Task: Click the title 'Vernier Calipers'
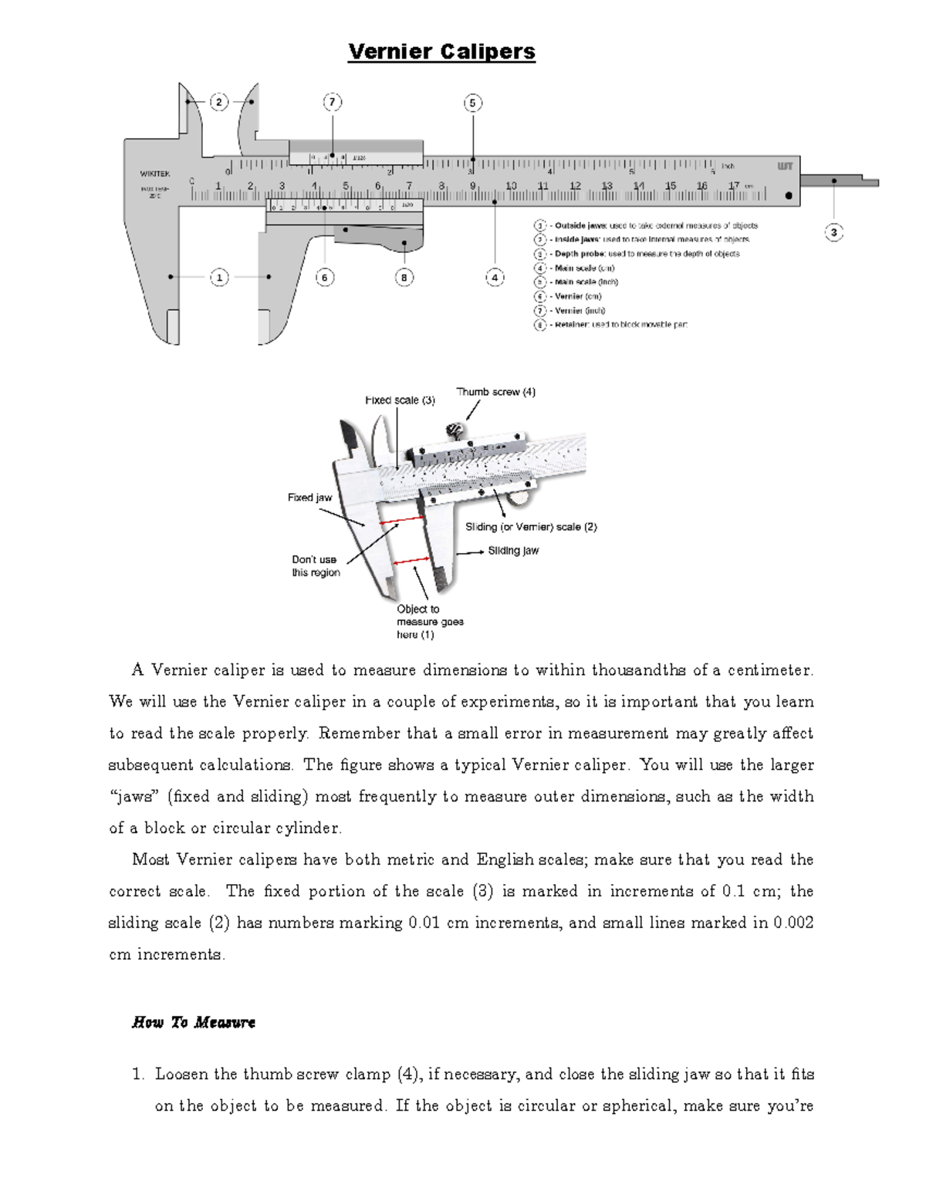[x=441, y=52]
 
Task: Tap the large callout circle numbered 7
[x=332, y=103]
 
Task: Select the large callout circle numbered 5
[x=472, y=103]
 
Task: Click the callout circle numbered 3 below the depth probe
[x=833, y=232]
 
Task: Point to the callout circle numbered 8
[x=404, y=277]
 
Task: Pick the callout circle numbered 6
[x=325, y=277]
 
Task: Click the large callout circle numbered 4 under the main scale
[x=495, y=277]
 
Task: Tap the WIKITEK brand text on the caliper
[x=155, y=174]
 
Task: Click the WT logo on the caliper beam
[x=785, y=166]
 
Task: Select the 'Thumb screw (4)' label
[x=495, y=392]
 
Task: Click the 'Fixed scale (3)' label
[x=400, y=400]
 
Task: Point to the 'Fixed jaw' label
[x=309, y=498]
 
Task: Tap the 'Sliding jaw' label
[x=513, y=551]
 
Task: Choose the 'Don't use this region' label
[x=315, y=565]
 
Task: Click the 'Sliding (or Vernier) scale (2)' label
[x=531, y=527]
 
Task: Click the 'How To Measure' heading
[x=194, y=1022]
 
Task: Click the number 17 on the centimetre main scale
[x=733, y=186]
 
